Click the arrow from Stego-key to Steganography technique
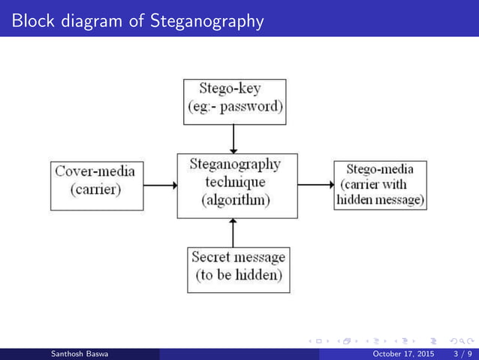[235, 138]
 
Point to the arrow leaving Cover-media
[159, 185]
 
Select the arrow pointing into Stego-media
[315, 185]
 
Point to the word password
[254, 107]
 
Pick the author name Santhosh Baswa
[79, 354]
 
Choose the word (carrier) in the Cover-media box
[95, 190]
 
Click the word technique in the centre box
[235, 183]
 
